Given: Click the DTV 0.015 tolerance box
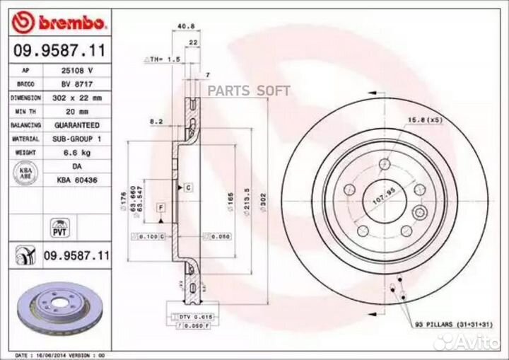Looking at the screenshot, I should (x=195, y=318).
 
